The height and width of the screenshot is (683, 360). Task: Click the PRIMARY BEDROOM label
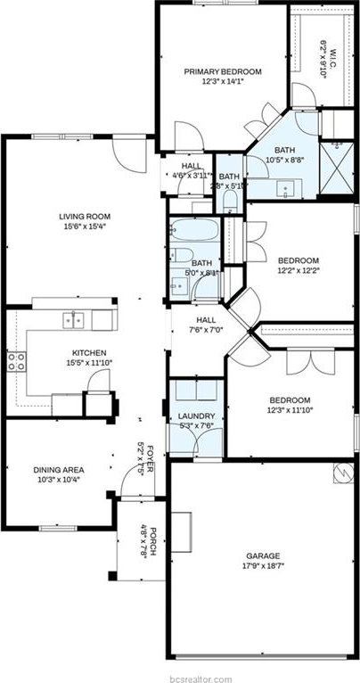(223, 71)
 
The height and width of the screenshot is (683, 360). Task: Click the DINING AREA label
(59, 470)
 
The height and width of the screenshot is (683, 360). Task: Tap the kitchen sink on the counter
(74, 318)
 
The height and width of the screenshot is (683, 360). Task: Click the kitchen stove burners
(15, 360)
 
